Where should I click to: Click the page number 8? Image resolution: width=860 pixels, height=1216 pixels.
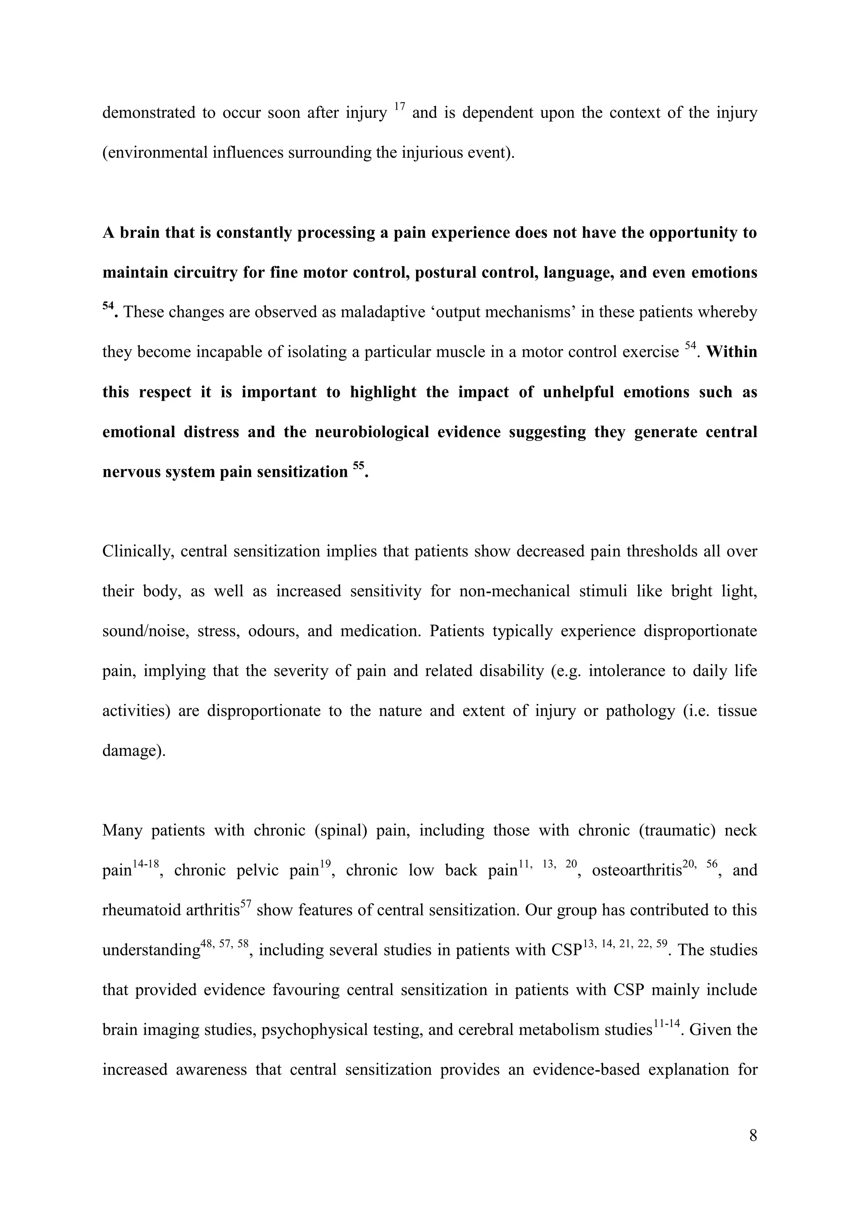click(753, 1136)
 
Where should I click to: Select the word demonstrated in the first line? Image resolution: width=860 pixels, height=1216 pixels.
click(148, 113)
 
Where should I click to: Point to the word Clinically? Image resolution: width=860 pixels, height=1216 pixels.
click(137, 551)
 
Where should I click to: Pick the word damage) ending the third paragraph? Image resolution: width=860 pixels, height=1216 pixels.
click(134, 751)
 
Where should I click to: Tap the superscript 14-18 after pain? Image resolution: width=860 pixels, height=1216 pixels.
click(146, 864)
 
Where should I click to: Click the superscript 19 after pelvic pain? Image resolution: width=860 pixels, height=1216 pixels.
click(325, 864)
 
